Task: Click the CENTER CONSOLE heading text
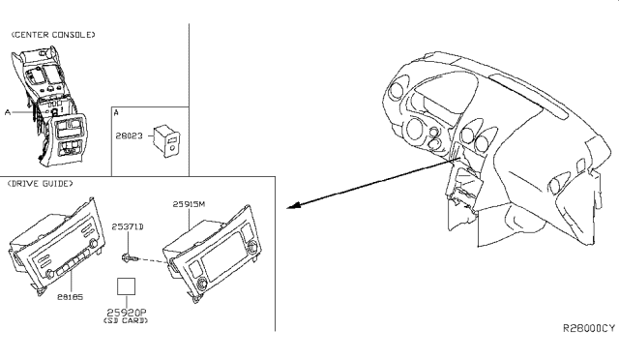(x=53, y=35)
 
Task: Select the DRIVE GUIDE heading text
(x=41, y=183)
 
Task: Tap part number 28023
(x=129, y=135)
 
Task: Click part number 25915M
(x=189, y=204)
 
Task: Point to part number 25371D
(x=128, y=226)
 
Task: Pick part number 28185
(x=71, y=297)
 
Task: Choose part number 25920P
(x=127, y=313)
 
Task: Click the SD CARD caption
(x=126, y=320)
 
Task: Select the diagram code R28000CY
(x=589, y=328)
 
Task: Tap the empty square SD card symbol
(x=127, y=286)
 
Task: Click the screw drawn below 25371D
(x=130, y=258)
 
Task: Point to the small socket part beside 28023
(x=167, y=141)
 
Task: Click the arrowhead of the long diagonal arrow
(x=293, y=205)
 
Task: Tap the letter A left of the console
(x=8, y=112)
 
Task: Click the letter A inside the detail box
(x=116, y=112)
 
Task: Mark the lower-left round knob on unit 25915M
(x=201, y=283)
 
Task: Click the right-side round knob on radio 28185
(x=93, y=244)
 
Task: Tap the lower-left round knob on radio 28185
(x=49, y=274)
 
